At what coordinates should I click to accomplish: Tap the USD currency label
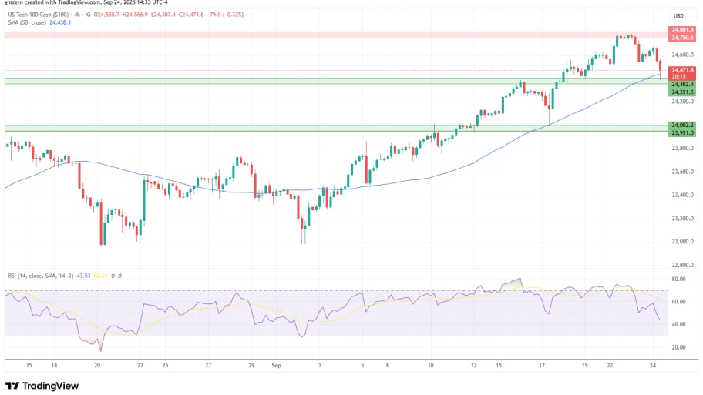(679, 15)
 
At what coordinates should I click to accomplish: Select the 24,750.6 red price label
(683, 38)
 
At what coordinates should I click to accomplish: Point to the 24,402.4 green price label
(683, 84)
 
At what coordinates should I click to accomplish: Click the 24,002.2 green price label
(683, 125)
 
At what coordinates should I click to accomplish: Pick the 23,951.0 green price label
(683, 132)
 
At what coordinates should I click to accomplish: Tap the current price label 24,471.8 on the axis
(683, 70)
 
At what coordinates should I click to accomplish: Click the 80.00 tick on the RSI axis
(678, 280)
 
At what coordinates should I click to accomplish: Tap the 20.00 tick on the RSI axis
(678, 347)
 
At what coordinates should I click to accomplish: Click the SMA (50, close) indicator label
(26, 22)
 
